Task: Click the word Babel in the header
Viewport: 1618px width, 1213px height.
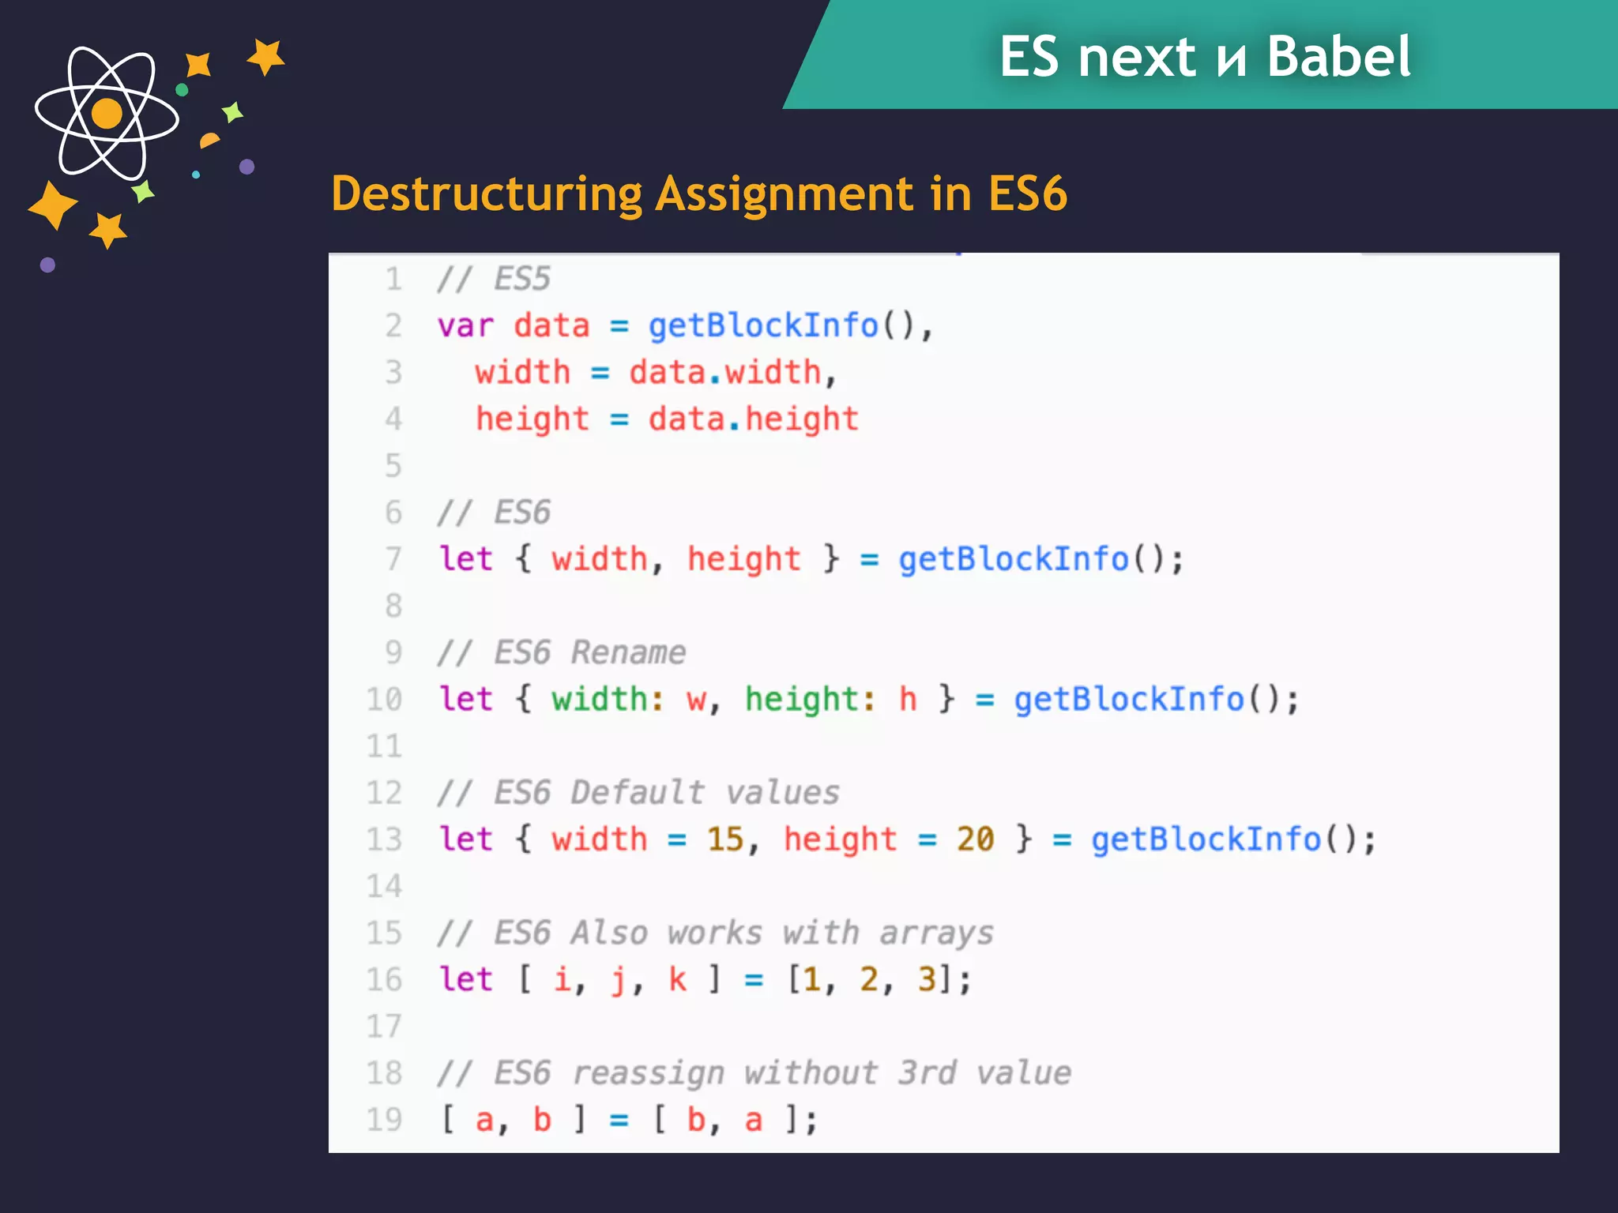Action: [x=1338, y=57]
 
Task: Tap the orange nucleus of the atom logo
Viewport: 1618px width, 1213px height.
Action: [x=107, y=114]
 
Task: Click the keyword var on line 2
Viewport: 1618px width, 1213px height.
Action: [x=465, y=326]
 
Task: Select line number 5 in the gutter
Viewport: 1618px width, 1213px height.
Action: [x=393, y=466]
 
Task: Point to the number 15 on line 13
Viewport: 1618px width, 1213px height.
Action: [x=725, y=839]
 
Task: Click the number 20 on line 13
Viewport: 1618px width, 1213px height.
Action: [x=975, y=839]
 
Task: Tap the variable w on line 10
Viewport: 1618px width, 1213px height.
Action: [x=696, y=700]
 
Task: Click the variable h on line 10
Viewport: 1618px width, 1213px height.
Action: [x=908, y=700]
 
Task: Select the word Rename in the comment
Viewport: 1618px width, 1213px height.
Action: [x=628, y=653]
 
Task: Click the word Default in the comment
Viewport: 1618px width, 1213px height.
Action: [x=637, y=793]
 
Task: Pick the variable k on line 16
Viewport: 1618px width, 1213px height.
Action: [x=677, y=979]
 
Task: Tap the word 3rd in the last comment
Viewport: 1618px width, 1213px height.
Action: [x=927, y=1073]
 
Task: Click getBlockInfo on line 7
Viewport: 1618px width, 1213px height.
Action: [x=1013, y=559]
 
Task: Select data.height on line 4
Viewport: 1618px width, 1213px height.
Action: [x=753, y=419]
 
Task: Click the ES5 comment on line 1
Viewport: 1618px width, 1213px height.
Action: [x=495, y=280]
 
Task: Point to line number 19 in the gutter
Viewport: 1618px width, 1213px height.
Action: [x=384, y=1119]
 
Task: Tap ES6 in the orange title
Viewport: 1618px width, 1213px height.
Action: [x=1027, y=194]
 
